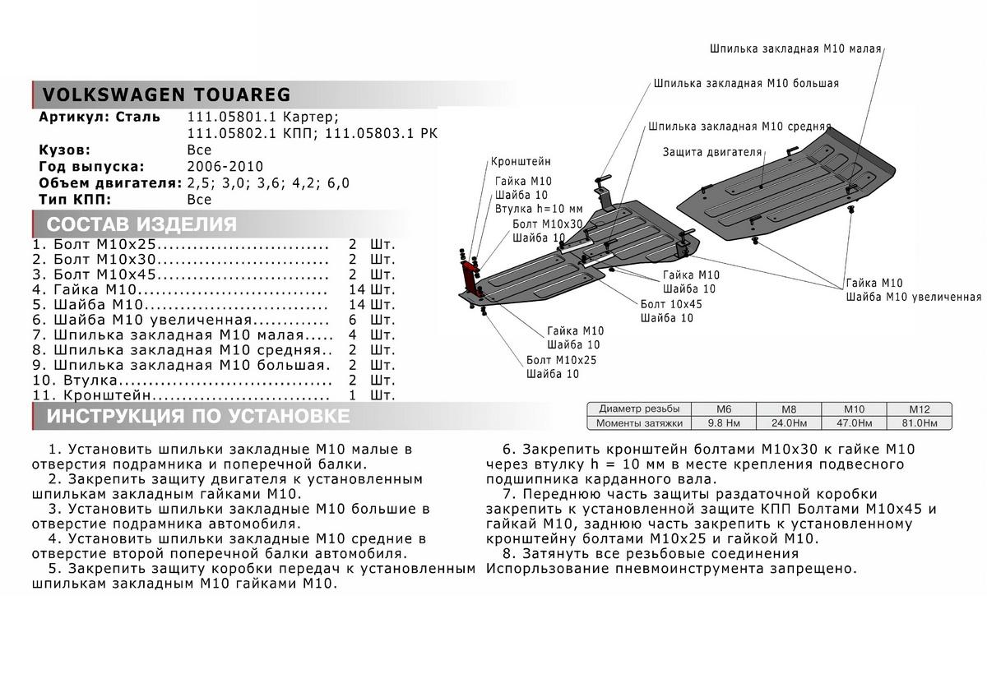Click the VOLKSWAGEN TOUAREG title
(165, 94)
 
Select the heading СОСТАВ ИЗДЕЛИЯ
(141, 224)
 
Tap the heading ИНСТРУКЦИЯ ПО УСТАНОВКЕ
(198, 416)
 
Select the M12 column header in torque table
(919, 409)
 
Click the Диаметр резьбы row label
(639, 409)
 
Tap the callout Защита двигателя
(712, 152)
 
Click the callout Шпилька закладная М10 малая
(795, 48)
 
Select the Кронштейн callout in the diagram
(521, 161)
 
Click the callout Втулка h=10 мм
(538, 209)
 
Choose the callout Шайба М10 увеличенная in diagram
(913, 297)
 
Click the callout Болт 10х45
(671, 303)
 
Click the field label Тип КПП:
(74, 199)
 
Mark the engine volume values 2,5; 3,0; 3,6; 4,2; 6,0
(268, 183)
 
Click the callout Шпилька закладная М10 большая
(747, 84)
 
